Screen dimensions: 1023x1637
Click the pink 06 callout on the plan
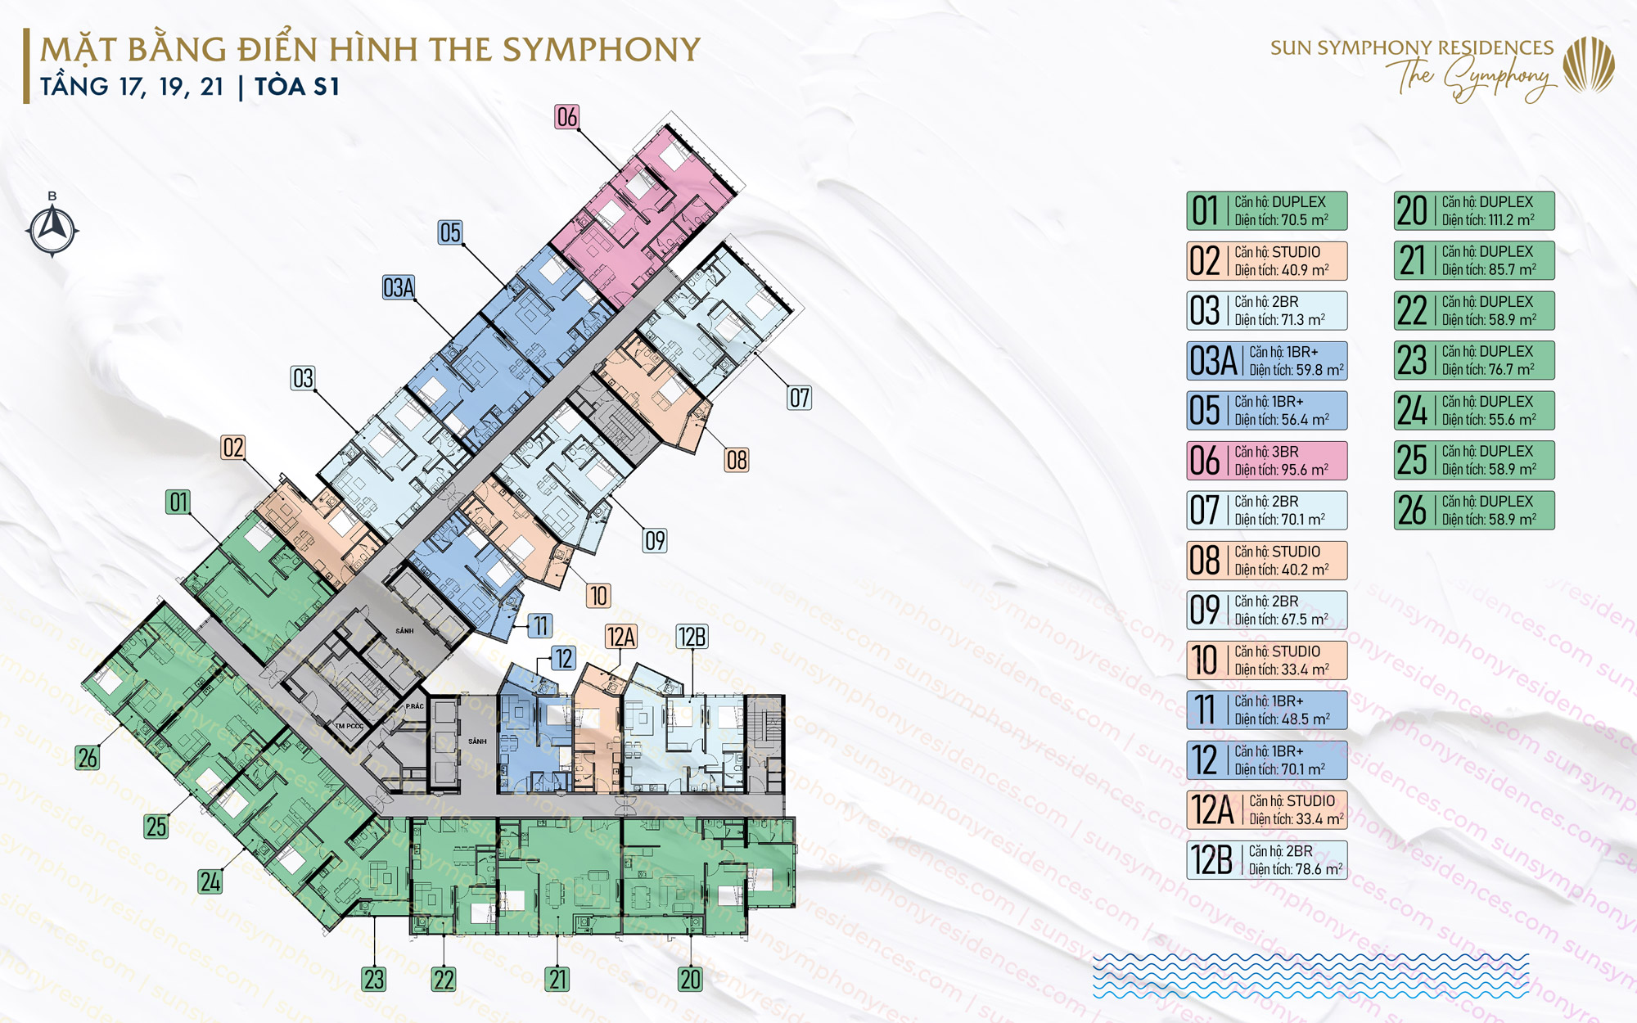point(566,117)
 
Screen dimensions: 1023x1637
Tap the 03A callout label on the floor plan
point(399,287)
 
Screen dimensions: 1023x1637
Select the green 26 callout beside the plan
point(88,758)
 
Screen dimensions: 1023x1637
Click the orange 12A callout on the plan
point(621,637)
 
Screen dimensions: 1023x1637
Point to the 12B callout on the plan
point(692,637)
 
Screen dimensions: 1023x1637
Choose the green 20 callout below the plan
point(690,979)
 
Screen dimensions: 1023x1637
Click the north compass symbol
point(52,229)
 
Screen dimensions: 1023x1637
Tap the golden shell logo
point(1588,65)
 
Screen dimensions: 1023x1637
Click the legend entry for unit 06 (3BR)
point(1266,461)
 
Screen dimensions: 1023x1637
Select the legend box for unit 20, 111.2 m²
point(1473,211)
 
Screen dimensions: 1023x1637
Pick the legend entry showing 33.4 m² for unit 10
point(1266,660)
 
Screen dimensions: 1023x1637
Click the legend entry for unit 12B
point(1266,860)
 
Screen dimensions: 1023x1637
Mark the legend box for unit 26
point(1473,511)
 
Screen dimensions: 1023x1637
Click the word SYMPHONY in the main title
point(602,50)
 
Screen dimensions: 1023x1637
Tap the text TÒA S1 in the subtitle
point(297,87)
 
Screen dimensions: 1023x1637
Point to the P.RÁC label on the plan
point(415,705)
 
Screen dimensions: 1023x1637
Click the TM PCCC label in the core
point(349,726)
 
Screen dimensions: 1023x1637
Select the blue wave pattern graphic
point(1310,976)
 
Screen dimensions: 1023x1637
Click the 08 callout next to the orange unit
point(737,460)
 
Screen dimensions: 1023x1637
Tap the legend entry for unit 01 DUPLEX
point(1266,211)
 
